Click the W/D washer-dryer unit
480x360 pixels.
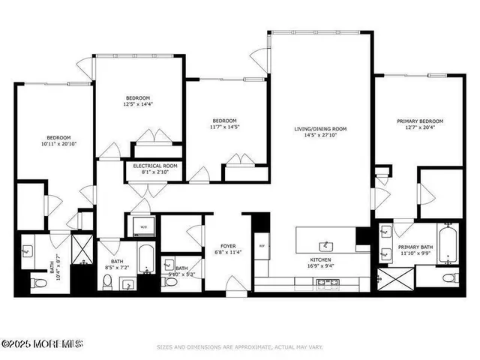(x=143, y=226)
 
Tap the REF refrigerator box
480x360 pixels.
(x=262, y=245)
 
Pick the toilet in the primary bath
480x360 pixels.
(x=448, y=278)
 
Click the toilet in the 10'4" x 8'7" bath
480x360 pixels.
(x=37, y=283)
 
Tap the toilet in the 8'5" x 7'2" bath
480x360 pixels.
(x=107, y=281)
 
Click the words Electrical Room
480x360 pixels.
(x=155, y=166)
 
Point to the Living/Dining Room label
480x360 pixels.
(x=319, y=129)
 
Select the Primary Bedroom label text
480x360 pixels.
(x=420, y=121)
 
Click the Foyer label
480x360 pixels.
(x=229, y=246)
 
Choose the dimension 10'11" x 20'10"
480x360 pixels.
(x=58, y=144)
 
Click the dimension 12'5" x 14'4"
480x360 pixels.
(x=138, y=104)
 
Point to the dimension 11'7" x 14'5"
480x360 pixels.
(x=224, y=127)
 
